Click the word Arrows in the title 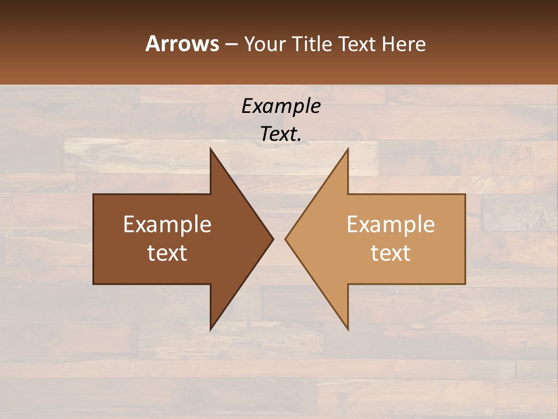pos(182,44)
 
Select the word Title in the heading pos(314,44)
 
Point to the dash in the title pos(231,44)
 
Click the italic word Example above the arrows pos(281,106)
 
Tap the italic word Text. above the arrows pos(281,134)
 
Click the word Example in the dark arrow pos(167,225)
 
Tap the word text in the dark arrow pos(167,253)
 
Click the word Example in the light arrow pos(391,225)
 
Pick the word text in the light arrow pos(391,253)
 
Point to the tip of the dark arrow pos(272,239)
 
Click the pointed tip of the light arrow pos(286,239)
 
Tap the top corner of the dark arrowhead pos(211,150)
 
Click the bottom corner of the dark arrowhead pos(211,329)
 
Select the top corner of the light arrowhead pos(348,150)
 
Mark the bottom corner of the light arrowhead pos(348,329)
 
